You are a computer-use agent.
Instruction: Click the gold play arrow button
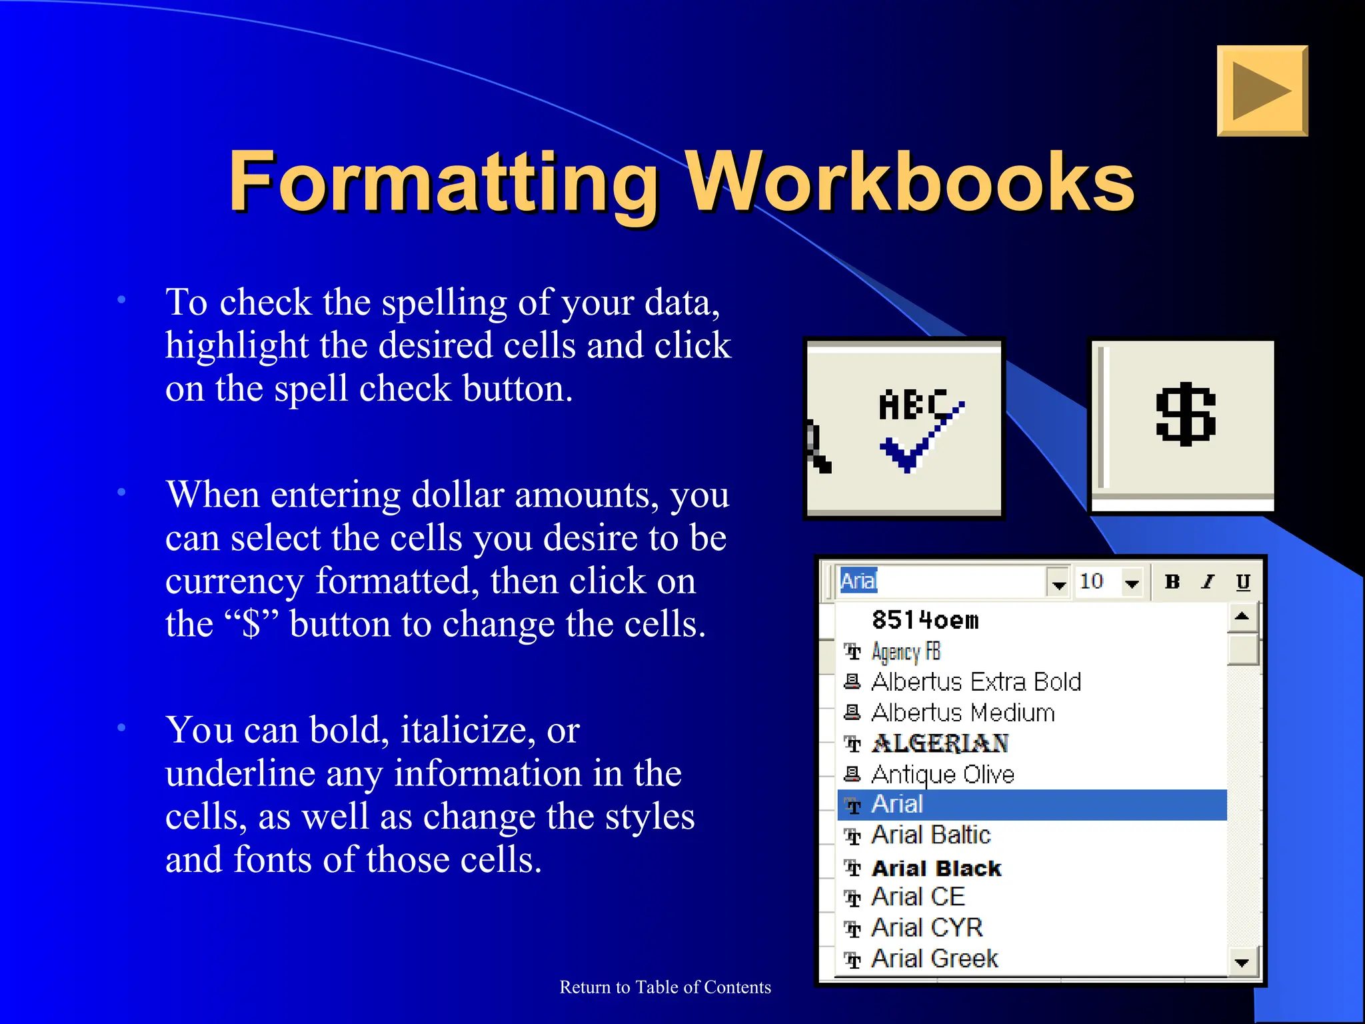tap(1262, 91)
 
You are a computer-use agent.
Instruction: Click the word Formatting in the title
tap(443, 181)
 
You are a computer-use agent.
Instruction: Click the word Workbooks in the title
tap(909, 181)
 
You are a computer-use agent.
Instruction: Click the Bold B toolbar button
tap(1172, 582)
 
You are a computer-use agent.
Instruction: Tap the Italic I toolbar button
tap(1208, 582)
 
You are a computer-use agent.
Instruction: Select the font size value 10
tap(1092, 581)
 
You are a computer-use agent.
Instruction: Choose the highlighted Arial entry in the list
tap(897, 805)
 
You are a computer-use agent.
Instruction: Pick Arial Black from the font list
tap(936, 868)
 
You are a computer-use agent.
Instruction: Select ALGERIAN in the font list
tap(940, 743)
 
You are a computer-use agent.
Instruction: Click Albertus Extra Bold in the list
tap(976, 682)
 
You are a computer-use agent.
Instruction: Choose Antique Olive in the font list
tap(942, 775)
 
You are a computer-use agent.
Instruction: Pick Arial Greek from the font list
tap(934, 959)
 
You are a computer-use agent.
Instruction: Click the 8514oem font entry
tap(925, 621)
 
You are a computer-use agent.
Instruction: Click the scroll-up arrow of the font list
tap(1242, 617)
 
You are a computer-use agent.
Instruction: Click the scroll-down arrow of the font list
tap(1242, 962)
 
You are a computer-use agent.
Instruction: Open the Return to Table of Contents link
tap(665, 987)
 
